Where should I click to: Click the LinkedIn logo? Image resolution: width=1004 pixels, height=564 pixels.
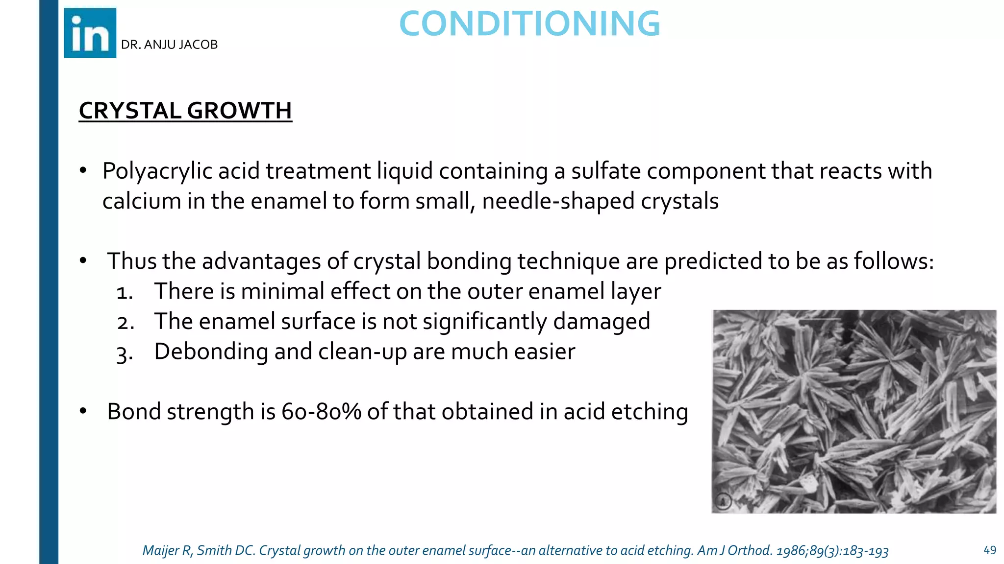[x=90, y=33]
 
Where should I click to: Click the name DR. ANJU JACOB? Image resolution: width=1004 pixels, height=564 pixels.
[x=169, y=45]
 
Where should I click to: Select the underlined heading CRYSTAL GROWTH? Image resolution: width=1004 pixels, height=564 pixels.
[x=185, y=111]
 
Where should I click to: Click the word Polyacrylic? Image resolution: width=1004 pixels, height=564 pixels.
[x=157, y=171]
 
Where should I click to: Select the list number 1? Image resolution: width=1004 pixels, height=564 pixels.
[x=124, y=293]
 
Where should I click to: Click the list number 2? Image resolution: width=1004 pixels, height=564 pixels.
[x=125, y=323]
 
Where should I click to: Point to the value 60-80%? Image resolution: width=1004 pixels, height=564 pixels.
[x=321, y=412]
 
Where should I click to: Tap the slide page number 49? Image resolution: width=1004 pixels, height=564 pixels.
[x=989, y=550]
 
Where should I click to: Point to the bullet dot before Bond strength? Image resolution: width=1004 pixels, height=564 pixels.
[x=83, y=411]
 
